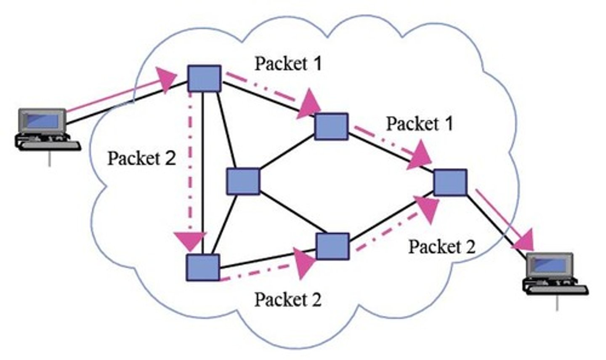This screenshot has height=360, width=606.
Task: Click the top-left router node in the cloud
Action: (x=204, y=78)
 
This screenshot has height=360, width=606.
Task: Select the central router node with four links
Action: (x=243, y=181)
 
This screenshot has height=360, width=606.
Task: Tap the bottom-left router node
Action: (x=203, y=267)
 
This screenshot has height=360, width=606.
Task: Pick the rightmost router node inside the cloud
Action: (x=450, y=182)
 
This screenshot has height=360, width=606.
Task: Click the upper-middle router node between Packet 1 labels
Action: (x=332, y=126)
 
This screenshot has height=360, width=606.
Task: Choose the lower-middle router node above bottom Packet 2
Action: (x=332, y=246)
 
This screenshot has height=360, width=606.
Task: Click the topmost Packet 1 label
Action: (x=288, y=64)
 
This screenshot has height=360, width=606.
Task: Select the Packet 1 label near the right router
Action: (x=419, y=123)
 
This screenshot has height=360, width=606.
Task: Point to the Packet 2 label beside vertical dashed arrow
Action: (x=141, y=158)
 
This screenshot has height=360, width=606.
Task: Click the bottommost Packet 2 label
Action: (x=288, y=299)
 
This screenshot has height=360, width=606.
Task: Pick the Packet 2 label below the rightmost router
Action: (x=442, y=247)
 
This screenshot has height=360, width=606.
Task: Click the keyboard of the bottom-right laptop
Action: (x=555, y=288)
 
